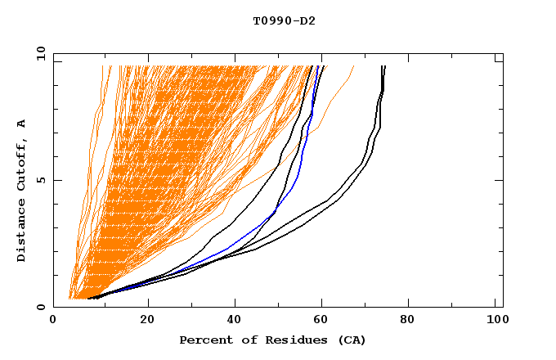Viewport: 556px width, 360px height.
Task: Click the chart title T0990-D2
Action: point(284,20)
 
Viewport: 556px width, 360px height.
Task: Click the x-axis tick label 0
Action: point(53,321)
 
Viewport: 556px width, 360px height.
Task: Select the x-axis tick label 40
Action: point(236,321)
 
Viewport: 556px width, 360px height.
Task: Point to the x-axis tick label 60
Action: point(325,321)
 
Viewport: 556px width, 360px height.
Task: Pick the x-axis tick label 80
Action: point(414,321)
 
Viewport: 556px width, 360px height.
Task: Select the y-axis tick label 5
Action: point(43,180)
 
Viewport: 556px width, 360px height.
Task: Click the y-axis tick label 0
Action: point(43,307)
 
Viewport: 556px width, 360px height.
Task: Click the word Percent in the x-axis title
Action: point(202,340)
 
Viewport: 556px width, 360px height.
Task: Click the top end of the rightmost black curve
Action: point(384,67)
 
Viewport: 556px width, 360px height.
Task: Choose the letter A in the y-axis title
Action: point(22,123)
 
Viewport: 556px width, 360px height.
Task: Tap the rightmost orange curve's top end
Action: point(353,67)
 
